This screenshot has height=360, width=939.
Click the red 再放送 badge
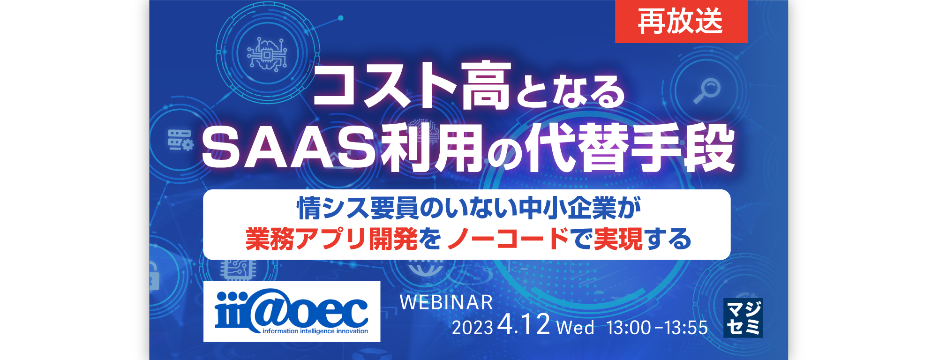click(x=681, y=21)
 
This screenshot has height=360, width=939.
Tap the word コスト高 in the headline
click(x=412, y=86)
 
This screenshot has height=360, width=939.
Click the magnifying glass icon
click(x=707, y=91)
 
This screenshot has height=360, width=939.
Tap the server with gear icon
click(x=180, y=140)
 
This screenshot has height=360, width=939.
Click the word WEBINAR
click(x=446, y=302)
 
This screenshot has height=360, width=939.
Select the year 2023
click(x=472, y=328)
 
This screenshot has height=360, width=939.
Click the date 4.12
click(x=524, y=324)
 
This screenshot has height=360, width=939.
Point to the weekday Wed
click(x=575, y=327)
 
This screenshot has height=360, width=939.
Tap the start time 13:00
click(x=629, y=328)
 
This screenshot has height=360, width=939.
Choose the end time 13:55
click(x=686, y=328)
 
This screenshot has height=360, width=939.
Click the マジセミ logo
click(x=743, y=318)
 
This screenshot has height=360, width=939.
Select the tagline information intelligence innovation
click(x=315, y=331)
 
